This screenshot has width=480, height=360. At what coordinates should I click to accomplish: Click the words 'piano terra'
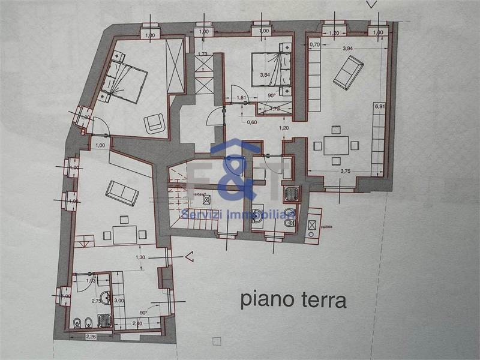pos(293,299)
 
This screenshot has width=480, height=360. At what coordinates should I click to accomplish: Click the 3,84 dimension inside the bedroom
pos(265,75)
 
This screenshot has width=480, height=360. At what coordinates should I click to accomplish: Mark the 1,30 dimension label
pos(140,257)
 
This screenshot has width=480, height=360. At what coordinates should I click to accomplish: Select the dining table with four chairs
pos(336,145)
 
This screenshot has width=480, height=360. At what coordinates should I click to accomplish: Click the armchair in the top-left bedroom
pos(154,123)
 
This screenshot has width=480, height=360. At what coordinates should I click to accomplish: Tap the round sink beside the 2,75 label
pos(106,296)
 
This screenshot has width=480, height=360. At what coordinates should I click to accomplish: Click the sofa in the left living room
pos(122,192)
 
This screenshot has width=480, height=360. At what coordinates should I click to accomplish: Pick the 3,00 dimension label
pos(118,301)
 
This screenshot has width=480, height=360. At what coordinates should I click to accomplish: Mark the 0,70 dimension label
pos(314,44)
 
